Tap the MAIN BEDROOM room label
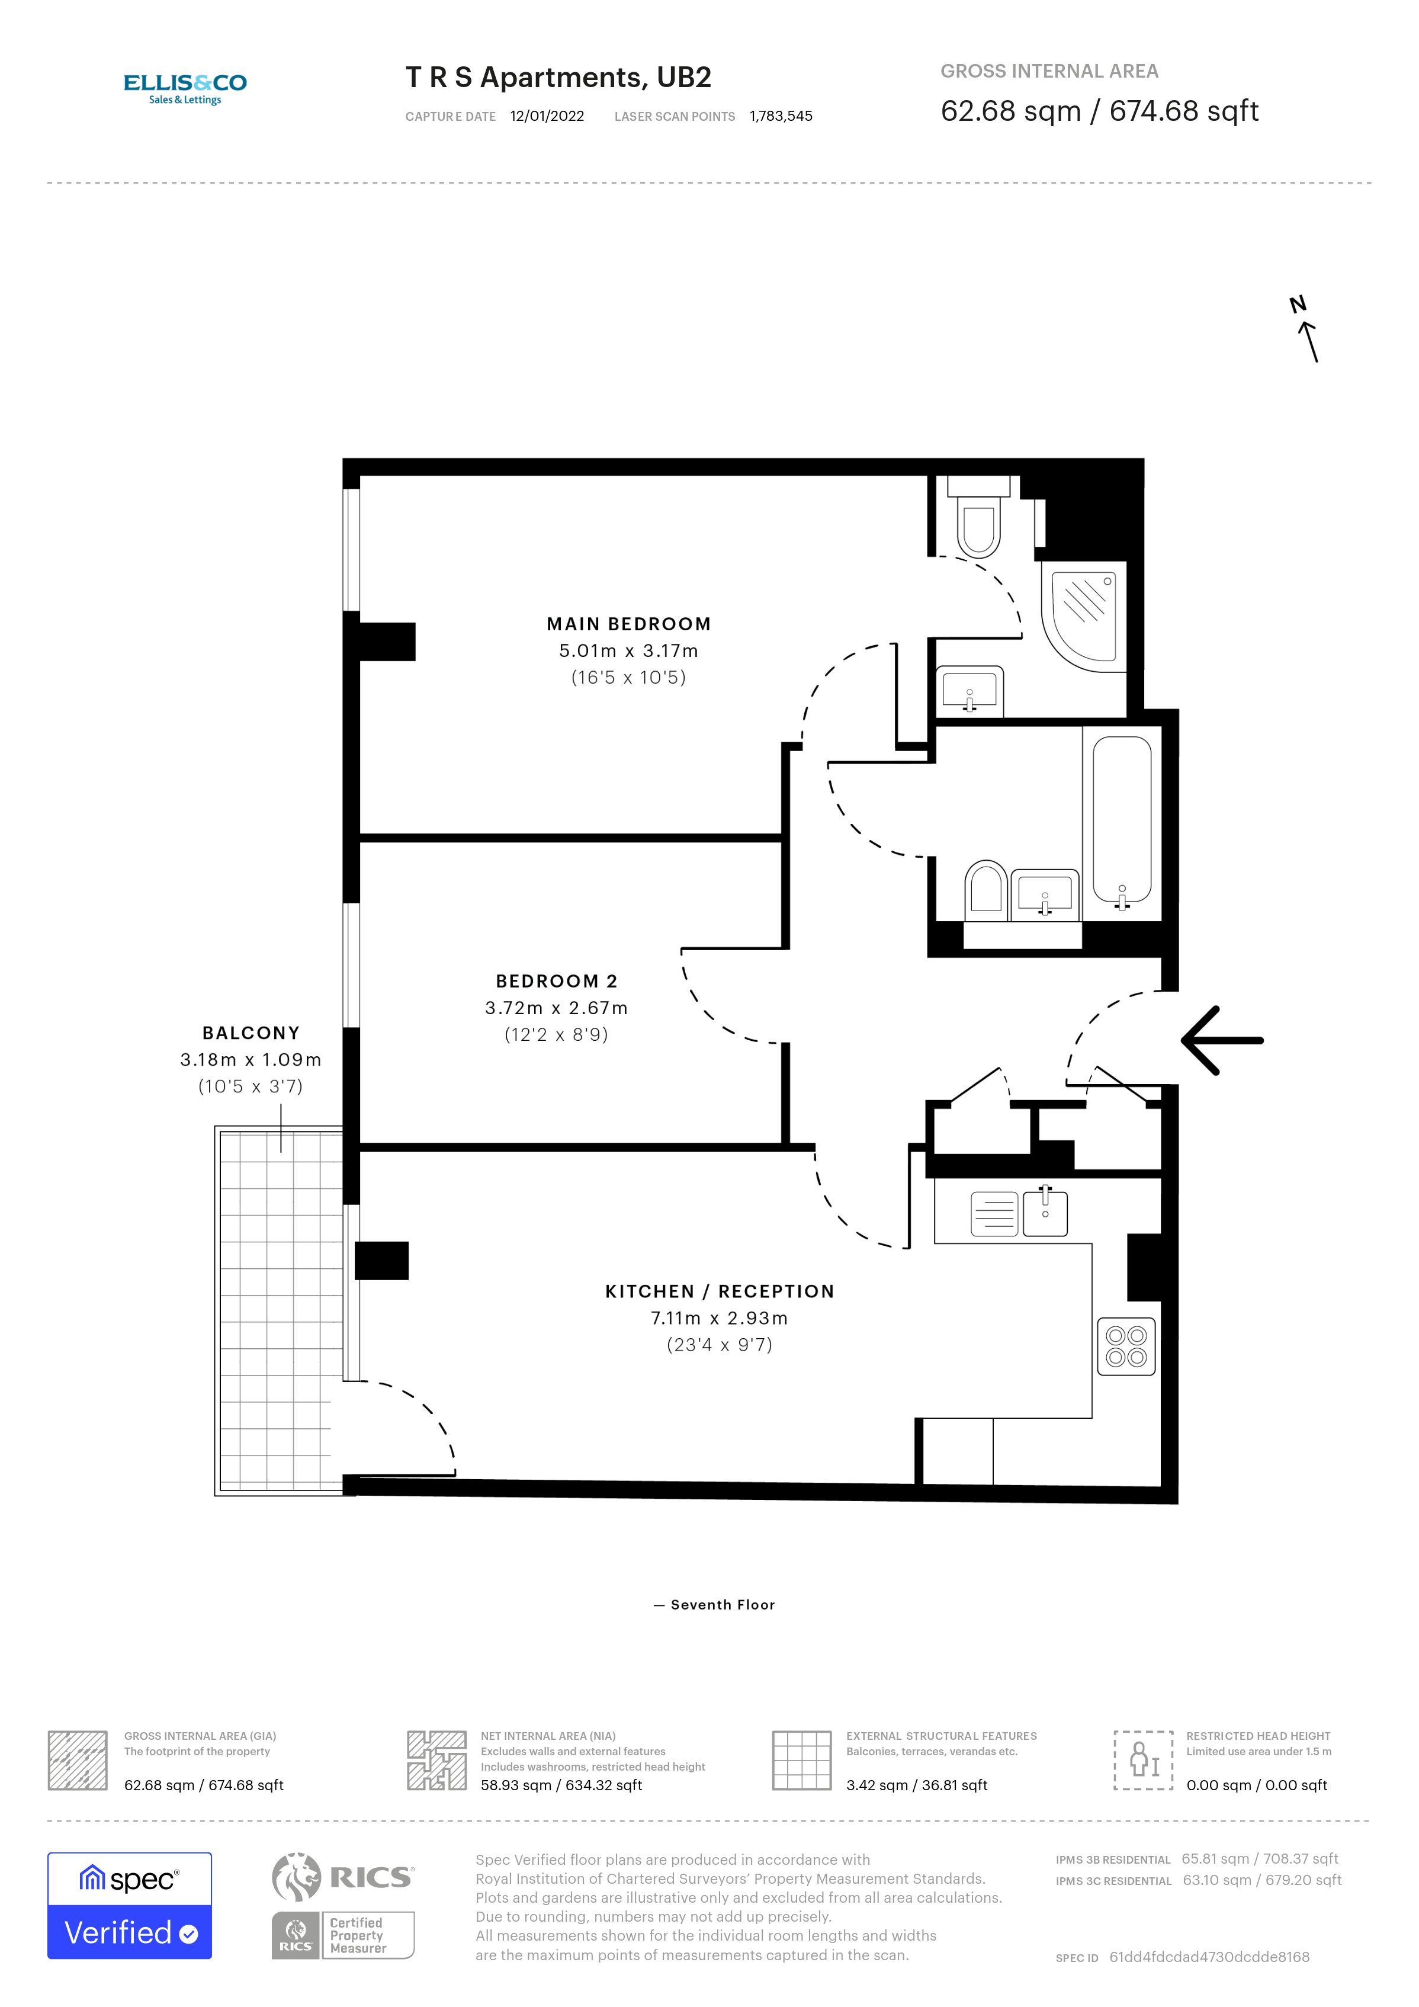[x=628, y=624]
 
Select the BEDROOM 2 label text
[x=556, y=981]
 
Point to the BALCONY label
[x=251, y=1033]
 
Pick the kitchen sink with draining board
[x=1019, y=1213]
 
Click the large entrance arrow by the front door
[x=1222, y=1040]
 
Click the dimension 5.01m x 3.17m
[x=628, y=651]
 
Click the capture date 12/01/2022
[x=547, y=116]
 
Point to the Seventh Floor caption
[x=715, y=1605]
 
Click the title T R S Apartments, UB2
[x=558, y=78]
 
